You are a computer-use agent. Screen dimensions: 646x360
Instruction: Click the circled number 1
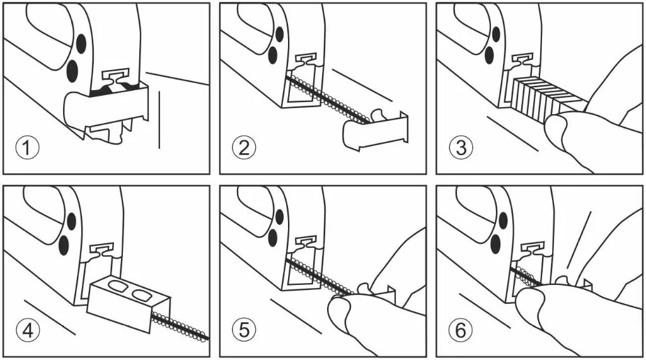[28, 148]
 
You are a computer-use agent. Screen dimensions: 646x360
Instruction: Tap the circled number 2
[244, 148]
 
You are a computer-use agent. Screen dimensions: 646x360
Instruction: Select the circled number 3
[461, 148]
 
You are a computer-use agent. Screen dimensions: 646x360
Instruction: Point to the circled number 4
[28, 330]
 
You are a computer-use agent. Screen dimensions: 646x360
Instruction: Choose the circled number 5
[244, 330]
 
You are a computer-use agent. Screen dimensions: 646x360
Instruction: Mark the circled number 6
[461, 330]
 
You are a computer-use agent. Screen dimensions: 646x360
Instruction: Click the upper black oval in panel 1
[81, 44]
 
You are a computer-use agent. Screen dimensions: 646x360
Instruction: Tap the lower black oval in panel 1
[72, 71]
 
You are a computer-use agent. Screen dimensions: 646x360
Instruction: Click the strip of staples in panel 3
[548, 97]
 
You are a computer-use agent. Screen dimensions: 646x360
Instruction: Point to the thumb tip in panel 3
[554, 124]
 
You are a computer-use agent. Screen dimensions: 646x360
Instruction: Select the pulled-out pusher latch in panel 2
[375, 130]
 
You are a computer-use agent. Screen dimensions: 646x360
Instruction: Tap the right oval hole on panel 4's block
[141, 294]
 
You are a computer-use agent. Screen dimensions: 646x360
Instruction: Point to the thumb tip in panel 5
[338, 306]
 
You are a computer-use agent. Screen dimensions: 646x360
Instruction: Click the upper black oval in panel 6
[503, 221]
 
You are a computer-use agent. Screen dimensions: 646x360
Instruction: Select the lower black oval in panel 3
[489, 55]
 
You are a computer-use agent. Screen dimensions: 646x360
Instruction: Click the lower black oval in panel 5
[272, 238]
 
